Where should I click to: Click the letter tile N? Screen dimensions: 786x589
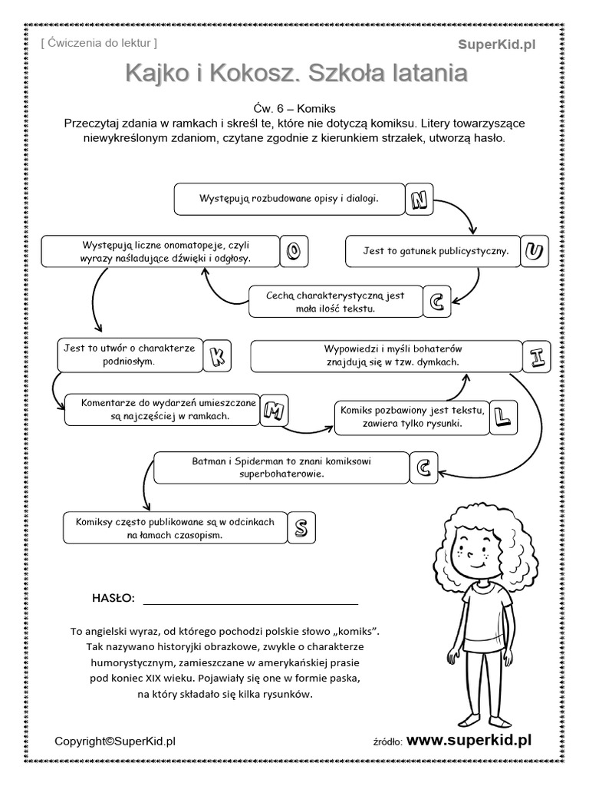click(x=418, y=200)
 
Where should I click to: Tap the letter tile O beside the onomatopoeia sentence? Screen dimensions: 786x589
click(x=294, y=251)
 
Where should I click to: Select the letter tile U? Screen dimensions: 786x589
click(x=536, y=251)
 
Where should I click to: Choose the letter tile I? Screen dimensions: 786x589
click(x=538, y=357)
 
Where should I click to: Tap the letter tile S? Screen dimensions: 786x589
click(x=301, y=527)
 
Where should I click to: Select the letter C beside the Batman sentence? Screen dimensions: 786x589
click(x=424, y=467)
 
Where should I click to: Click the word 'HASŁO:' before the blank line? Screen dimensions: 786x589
click(x=113, y=598)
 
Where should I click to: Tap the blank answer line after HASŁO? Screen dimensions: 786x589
click(x=250, y=601)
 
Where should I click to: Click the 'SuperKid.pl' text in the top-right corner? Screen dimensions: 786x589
click(x=497, y=45)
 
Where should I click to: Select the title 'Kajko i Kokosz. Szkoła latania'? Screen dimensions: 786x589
click(x=295, y=74)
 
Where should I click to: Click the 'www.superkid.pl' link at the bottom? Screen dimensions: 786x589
click(x=469, y=740)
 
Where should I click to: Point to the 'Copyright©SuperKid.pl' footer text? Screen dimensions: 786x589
click(x=115, y=741)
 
